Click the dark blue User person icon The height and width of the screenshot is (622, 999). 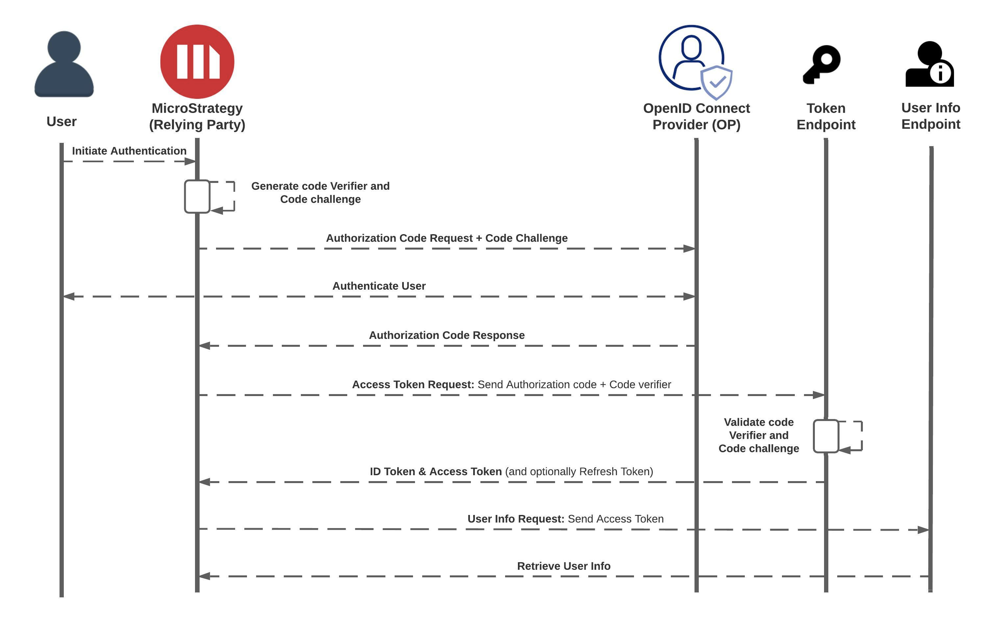coord(64,64)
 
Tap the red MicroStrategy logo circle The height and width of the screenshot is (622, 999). coord(197,62)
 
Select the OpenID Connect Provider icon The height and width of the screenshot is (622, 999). coord(695,62)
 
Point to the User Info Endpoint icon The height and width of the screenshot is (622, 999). coord(930,64)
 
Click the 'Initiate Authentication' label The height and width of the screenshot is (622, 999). coord(129,151)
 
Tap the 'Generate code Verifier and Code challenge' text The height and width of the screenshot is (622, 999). coord(320,192)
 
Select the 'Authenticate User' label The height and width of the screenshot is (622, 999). coord(379,286)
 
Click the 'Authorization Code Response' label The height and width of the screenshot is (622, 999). coord(447,335)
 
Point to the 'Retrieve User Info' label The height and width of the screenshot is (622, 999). coord(564,566)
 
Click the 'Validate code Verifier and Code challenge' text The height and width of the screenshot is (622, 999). coord(759,435)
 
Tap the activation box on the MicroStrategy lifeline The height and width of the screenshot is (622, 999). coord(197,197)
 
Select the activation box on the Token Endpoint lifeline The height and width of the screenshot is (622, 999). coord(826,436)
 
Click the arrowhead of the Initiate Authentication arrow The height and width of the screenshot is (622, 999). coord(190,161)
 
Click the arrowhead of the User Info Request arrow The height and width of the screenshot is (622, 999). coord(923,530)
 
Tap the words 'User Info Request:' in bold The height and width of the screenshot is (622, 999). coord(516,519)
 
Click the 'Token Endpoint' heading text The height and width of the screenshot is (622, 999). coord(826,116)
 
